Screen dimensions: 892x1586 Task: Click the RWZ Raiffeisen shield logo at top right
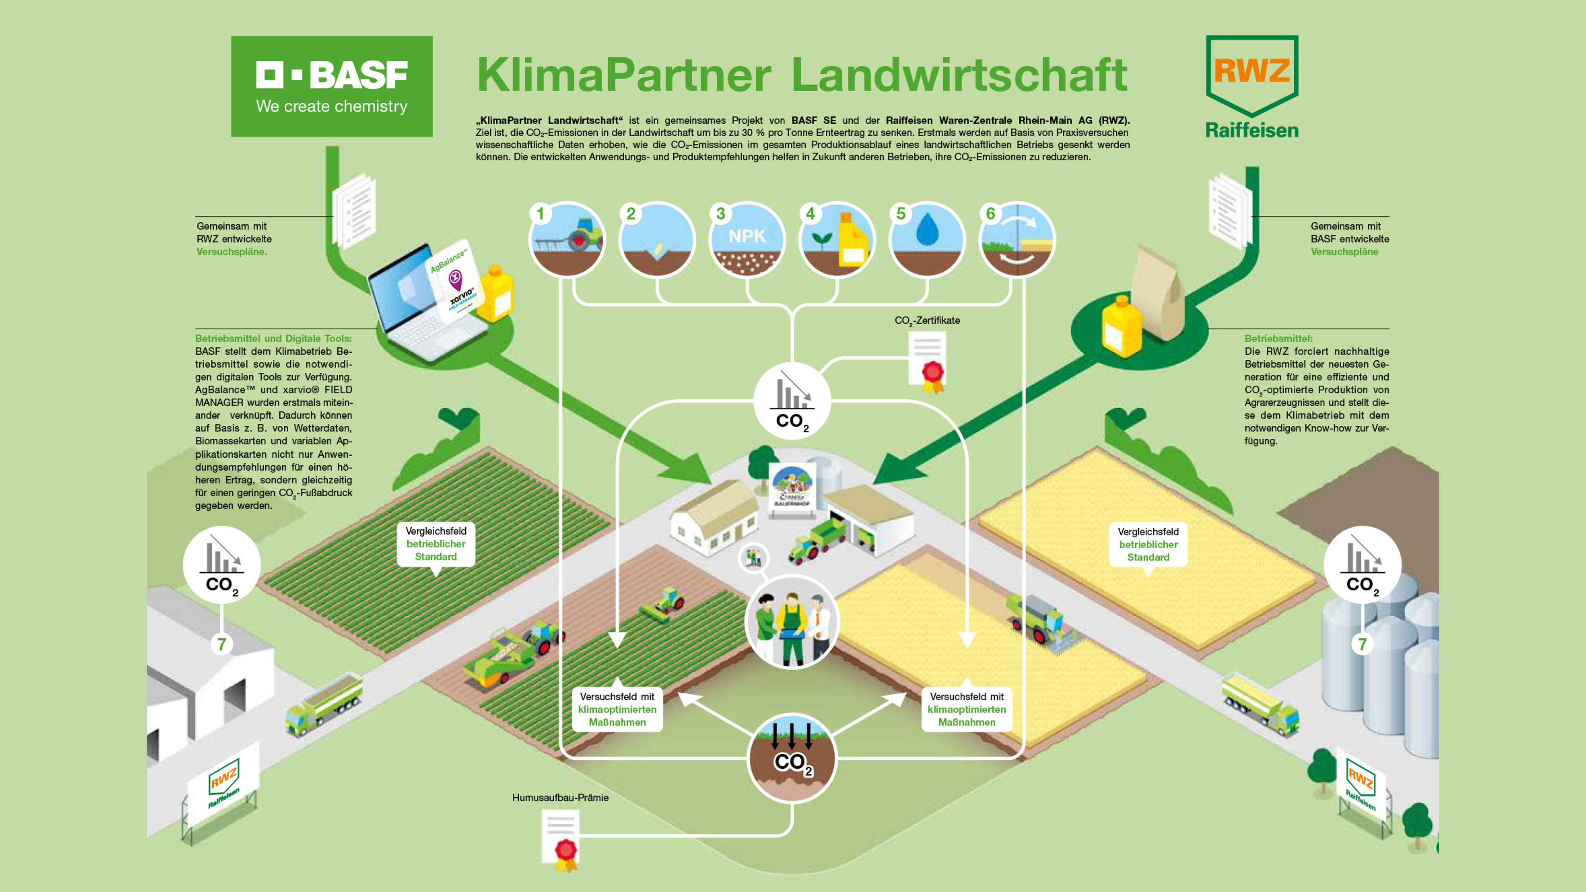click(x=1252, y=86)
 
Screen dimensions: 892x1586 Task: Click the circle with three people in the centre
click(x=792, y=622)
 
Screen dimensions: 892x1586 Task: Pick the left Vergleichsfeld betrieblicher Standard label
click(x=436, y=543)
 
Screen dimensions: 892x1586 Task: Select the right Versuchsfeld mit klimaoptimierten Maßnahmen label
click(x=967, y=709)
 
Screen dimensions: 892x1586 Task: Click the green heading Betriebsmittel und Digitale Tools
click(x=273, y=338)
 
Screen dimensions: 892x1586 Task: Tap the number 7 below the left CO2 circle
click(x=222, y=644)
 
